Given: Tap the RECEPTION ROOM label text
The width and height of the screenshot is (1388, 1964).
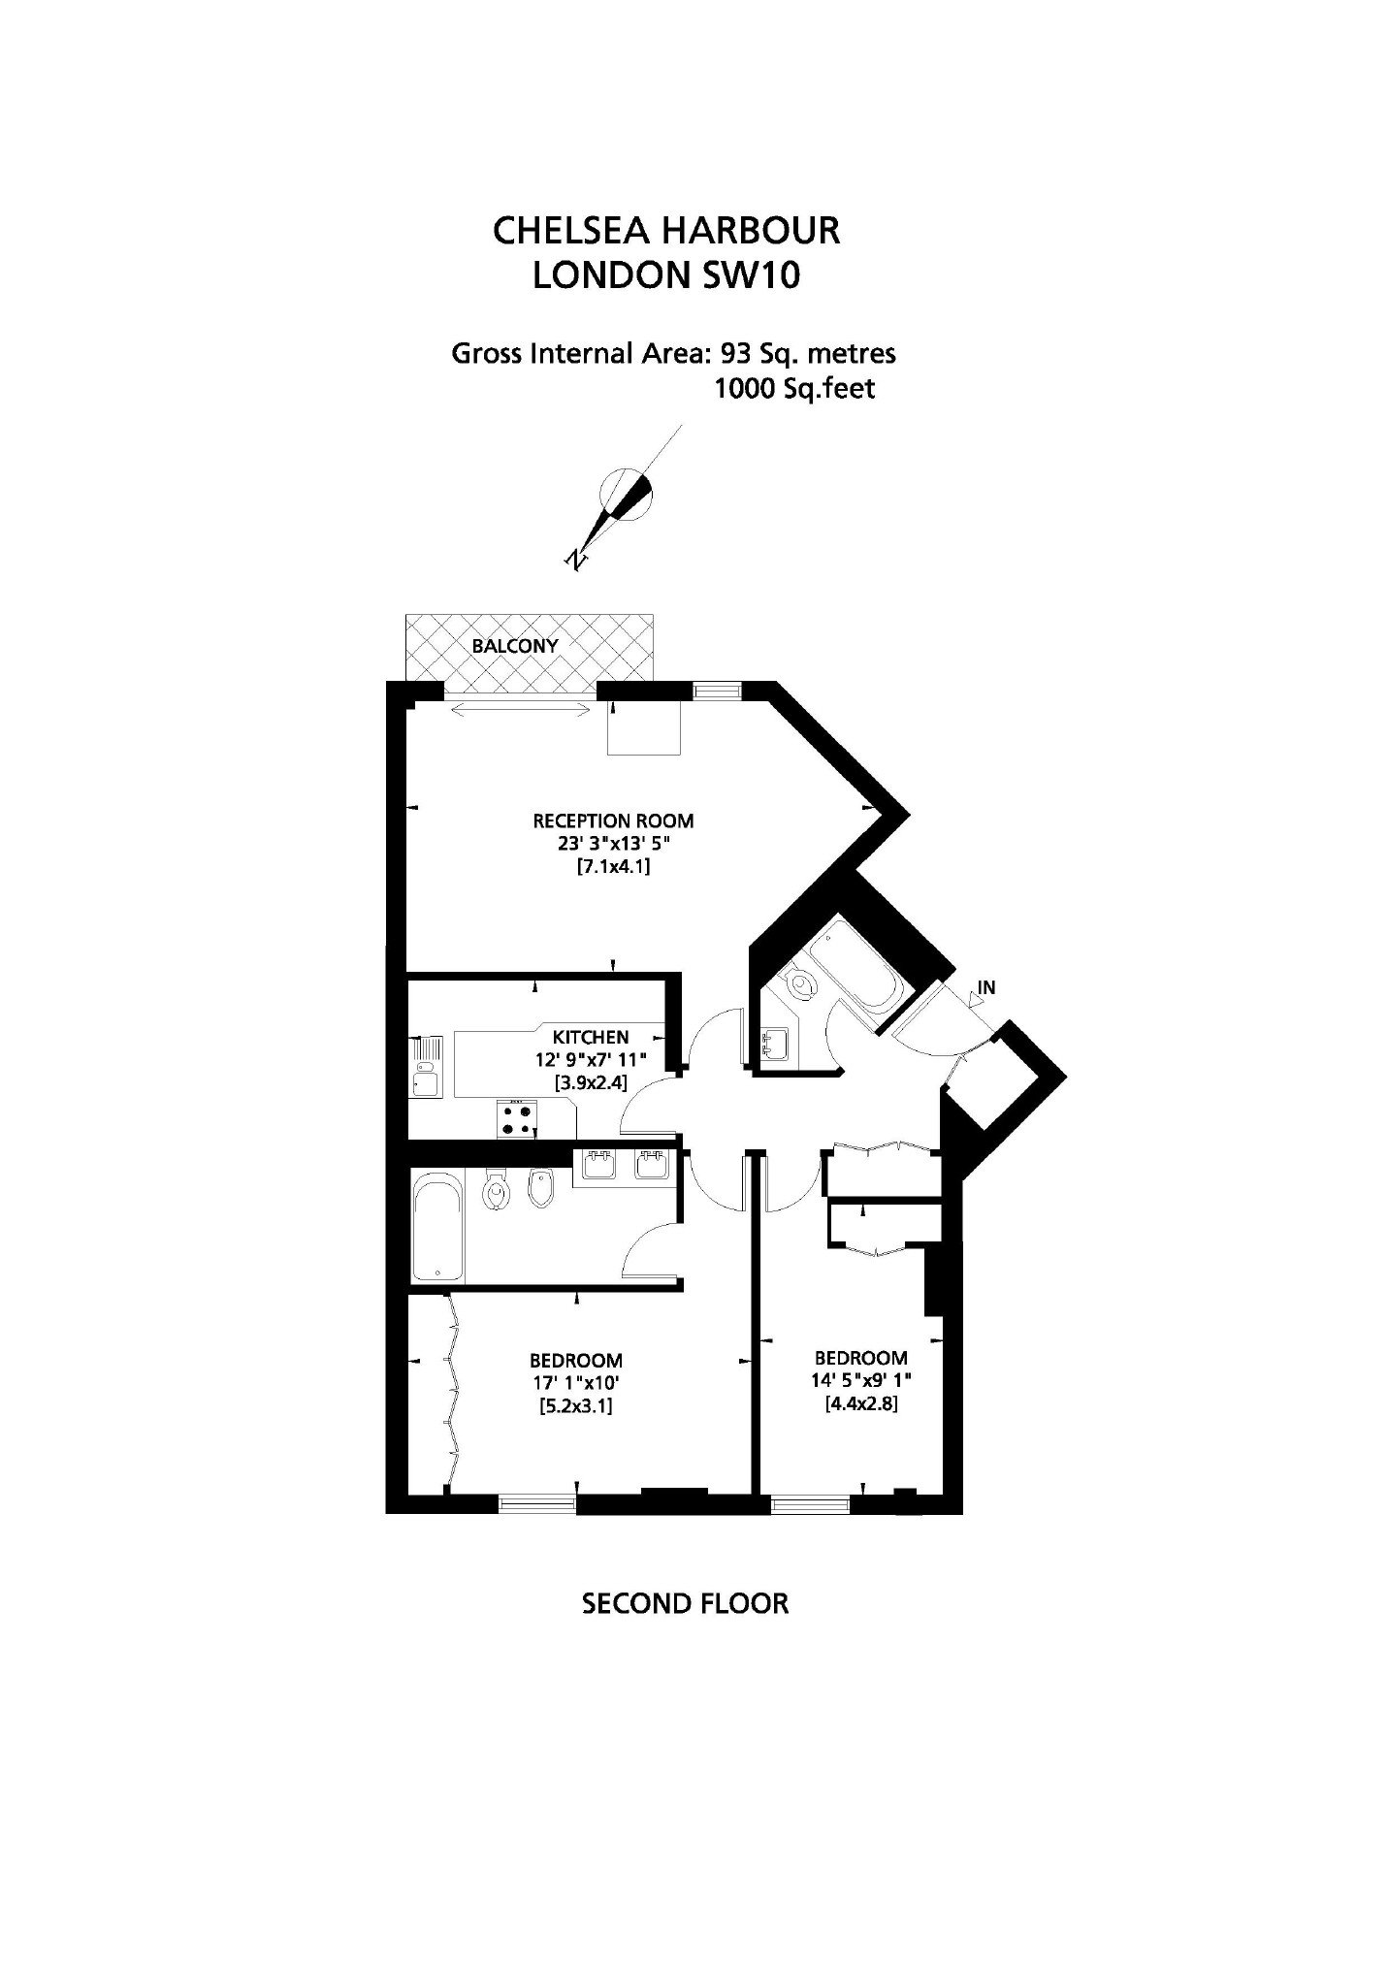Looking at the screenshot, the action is point(613,821).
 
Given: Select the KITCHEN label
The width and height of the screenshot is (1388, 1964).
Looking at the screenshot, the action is point(592,1037).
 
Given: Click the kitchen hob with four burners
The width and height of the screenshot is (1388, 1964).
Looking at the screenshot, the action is point(517,1118).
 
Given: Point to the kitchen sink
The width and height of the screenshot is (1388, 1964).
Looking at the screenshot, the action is point(425,1066).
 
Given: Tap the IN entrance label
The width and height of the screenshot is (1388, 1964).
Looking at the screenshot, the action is point(986,988).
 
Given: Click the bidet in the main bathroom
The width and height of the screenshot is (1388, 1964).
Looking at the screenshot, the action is point(539,1188).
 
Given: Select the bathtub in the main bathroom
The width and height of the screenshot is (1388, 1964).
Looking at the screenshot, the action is point(438,1228).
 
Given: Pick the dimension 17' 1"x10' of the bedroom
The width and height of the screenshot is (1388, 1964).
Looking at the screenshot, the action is point(576,1381).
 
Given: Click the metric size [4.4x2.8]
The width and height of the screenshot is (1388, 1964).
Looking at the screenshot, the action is point(860,1402).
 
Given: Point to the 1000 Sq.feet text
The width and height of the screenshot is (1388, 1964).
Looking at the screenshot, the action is point(794,389).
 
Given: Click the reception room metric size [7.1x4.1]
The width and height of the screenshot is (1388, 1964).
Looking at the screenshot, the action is point(613,866).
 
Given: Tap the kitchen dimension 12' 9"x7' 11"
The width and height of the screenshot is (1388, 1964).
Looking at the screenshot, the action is point(591,1059).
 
